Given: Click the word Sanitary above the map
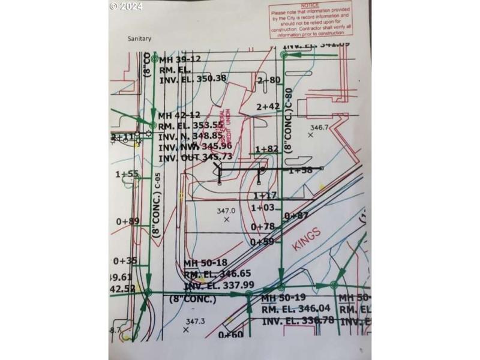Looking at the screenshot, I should [139, 39].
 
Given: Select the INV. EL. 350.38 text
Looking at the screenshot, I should [193, 78].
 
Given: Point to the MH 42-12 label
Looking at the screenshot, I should [180, 115].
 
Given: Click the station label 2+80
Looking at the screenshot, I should [268, 80].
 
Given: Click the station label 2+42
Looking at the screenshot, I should [268, 106].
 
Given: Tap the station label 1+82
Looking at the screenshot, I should [267, 149].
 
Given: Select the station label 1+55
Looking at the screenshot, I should [127, 174].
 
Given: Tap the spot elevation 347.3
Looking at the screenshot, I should [196, 322].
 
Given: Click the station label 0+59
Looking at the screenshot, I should [262, 242].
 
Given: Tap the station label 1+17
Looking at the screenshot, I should [264, 196].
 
